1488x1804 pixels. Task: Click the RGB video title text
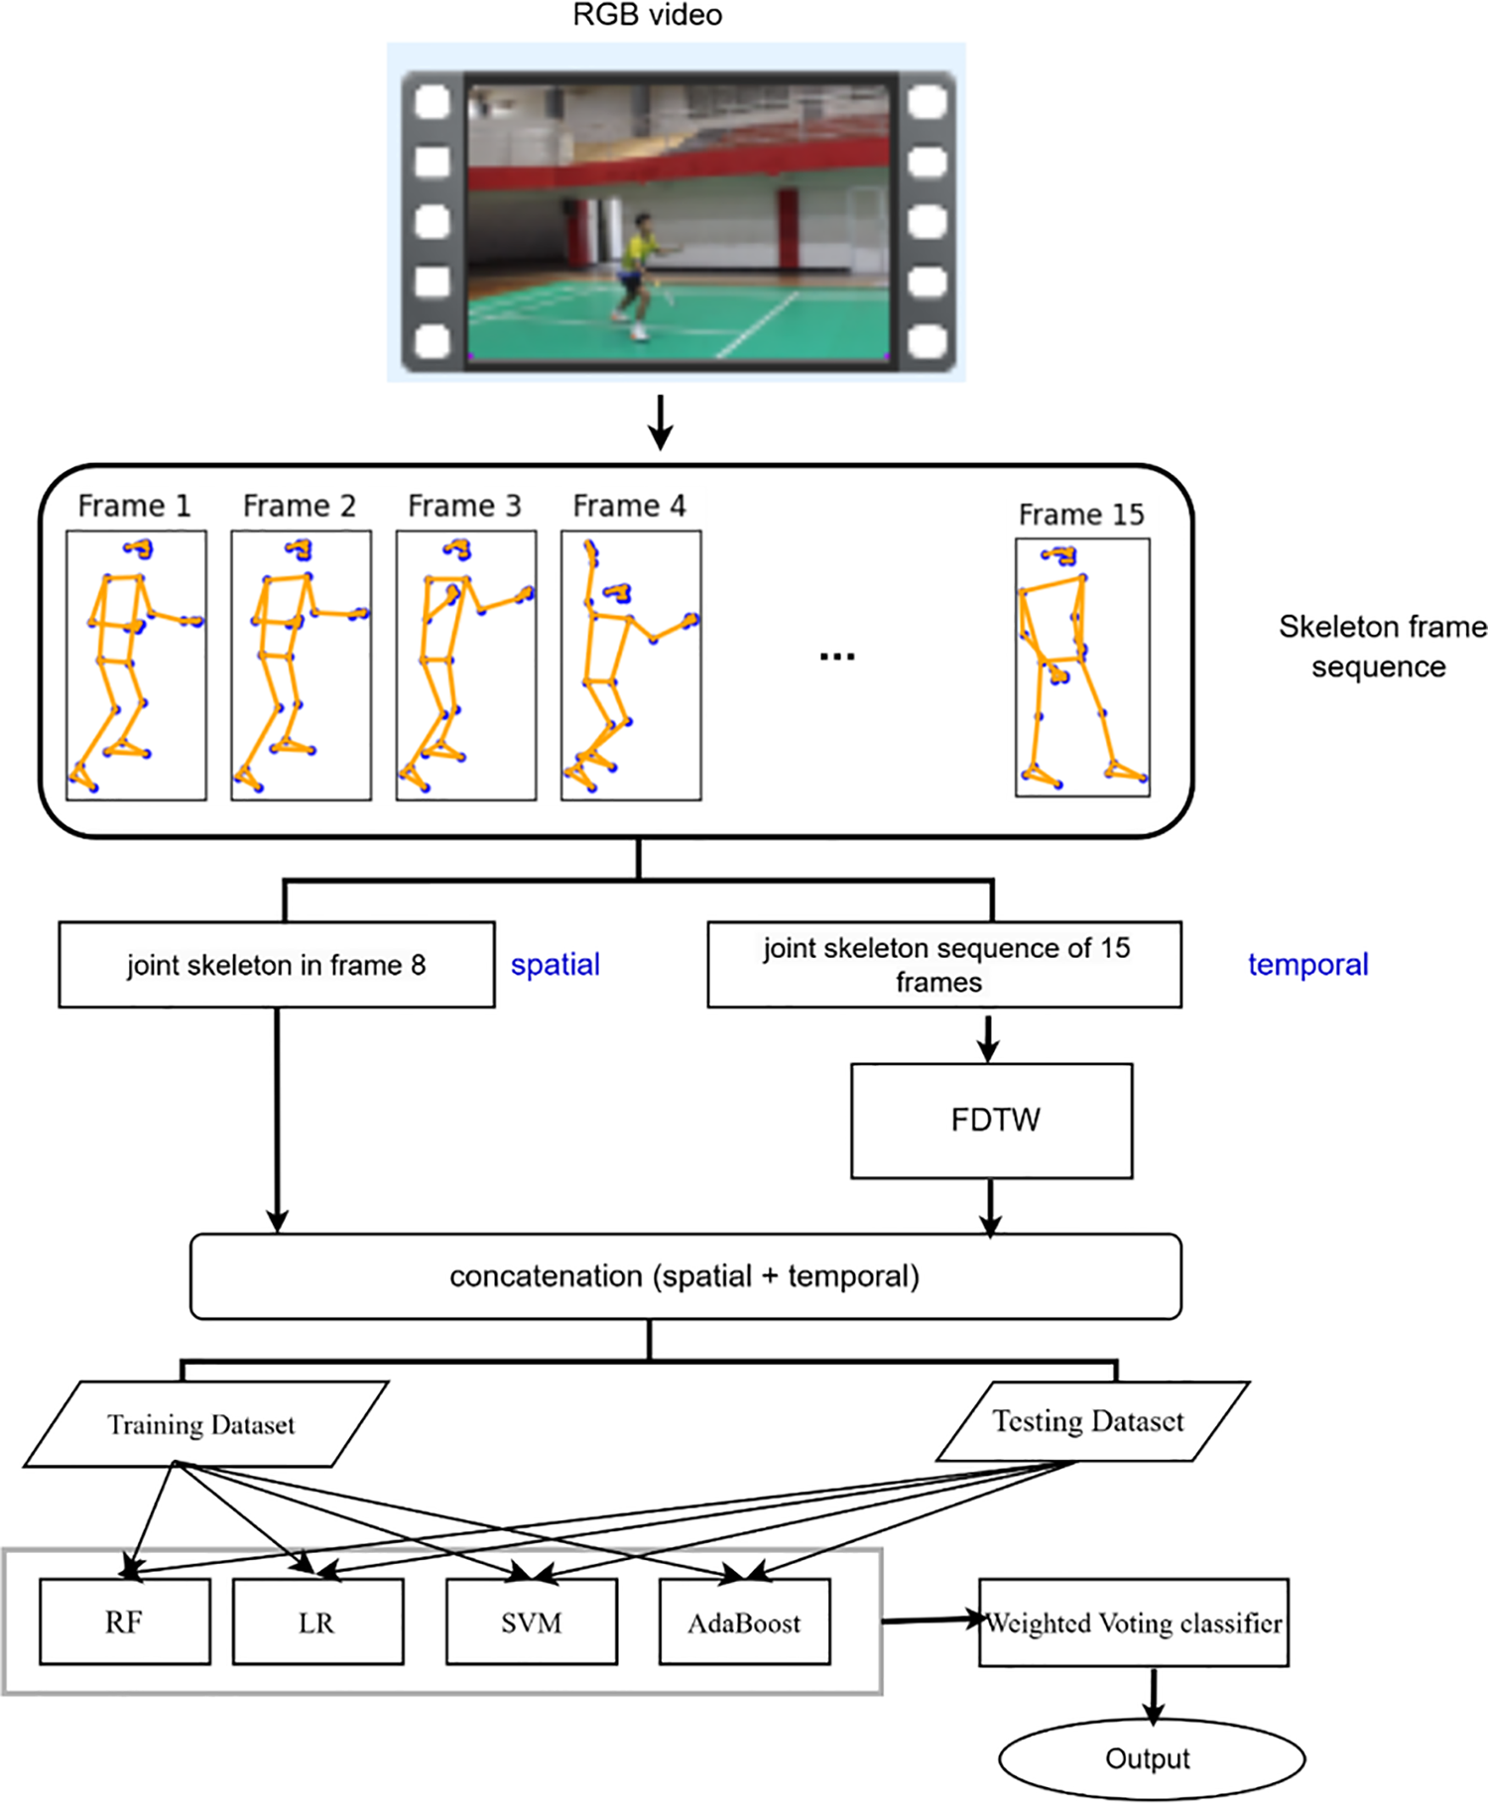click(647, 15)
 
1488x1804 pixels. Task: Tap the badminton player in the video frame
click(637, 273)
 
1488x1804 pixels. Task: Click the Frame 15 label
click(1080, 515)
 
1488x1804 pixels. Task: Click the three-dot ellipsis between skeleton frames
click(836, 656)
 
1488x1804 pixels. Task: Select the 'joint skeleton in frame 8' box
click(276, 965)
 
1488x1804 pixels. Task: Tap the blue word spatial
click(555, 965)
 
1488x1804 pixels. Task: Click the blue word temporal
click(1306, 965)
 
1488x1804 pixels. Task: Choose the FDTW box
click(991, 1121)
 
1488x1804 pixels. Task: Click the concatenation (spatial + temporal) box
click(684, 1276)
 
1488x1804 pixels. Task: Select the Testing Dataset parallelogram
click(1089, 1421)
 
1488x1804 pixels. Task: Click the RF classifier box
click(125, 1623)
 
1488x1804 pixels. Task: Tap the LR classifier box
click(317, 1623)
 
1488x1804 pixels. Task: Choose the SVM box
click(532, 1623)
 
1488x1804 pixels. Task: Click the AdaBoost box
click(744, 1623)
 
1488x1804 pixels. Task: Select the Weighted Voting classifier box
click(1133, 1623)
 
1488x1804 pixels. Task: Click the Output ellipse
click(1150, 1758)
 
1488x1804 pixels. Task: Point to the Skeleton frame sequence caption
click(1381, 647)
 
